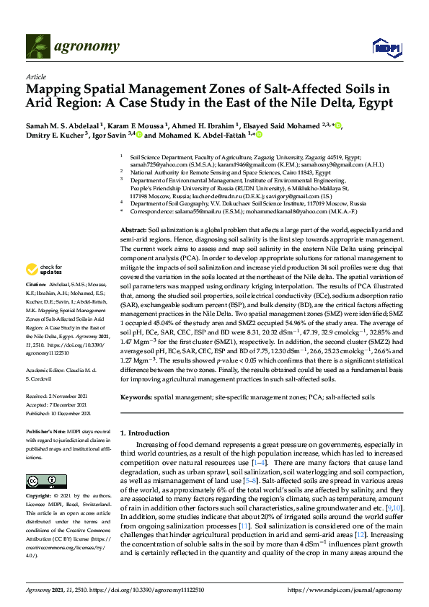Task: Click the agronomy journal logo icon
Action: click(x=38, y=48)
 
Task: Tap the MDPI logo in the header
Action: click(x=382, y=48)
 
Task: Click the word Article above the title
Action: click(x=35, y=76)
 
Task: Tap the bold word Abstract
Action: click(x=132, y=208)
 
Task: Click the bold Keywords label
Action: click(x=136, y=397)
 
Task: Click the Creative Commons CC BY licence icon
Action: click(x=41, y=481)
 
